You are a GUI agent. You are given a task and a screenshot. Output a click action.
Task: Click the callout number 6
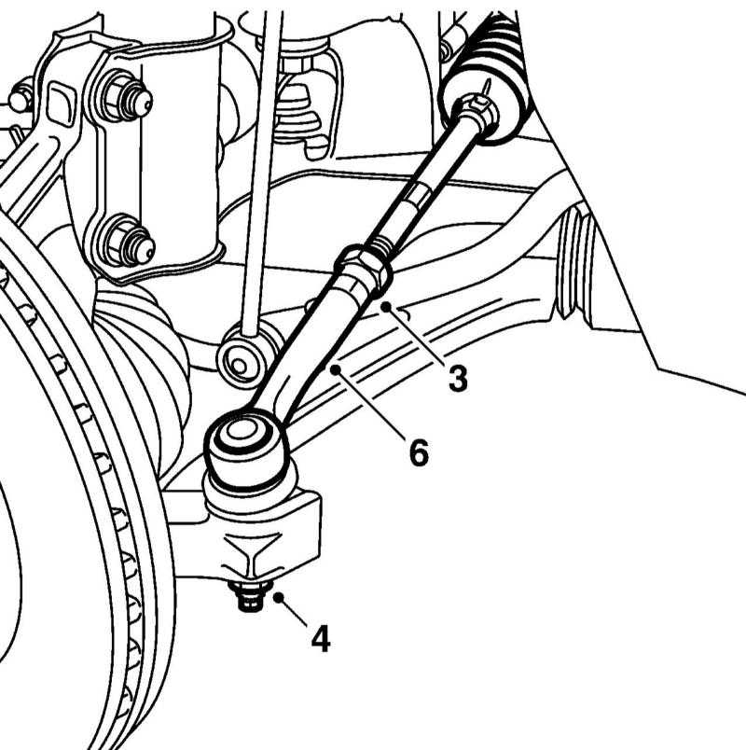coord(419,452)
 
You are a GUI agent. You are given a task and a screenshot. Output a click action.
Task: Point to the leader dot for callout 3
coord(385,307)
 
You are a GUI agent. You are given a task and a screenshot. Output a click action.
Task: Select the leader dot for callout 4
coord(279,597)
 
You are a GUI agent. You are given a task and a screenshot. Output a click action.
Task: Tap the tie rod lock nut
coord(364,271)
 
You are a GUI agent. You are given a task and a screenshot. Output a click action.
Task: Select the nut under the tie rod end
coord(251,594)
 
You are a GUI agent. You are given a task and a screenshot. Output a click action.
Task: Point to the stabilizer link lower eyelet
coord(244,354)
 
